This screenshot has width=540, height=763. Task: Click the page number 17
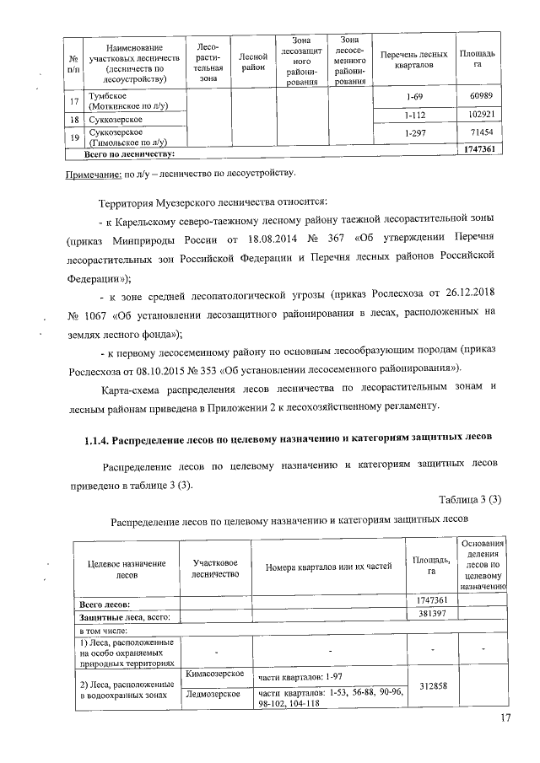point(505,717)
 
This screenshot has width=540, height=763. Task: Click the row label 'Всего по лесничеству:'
point(129,153)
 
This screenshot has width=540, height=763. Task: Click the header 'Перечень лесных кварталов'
point(413,58)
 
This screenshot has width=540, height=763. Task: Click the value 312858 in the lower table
point(431,685)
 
